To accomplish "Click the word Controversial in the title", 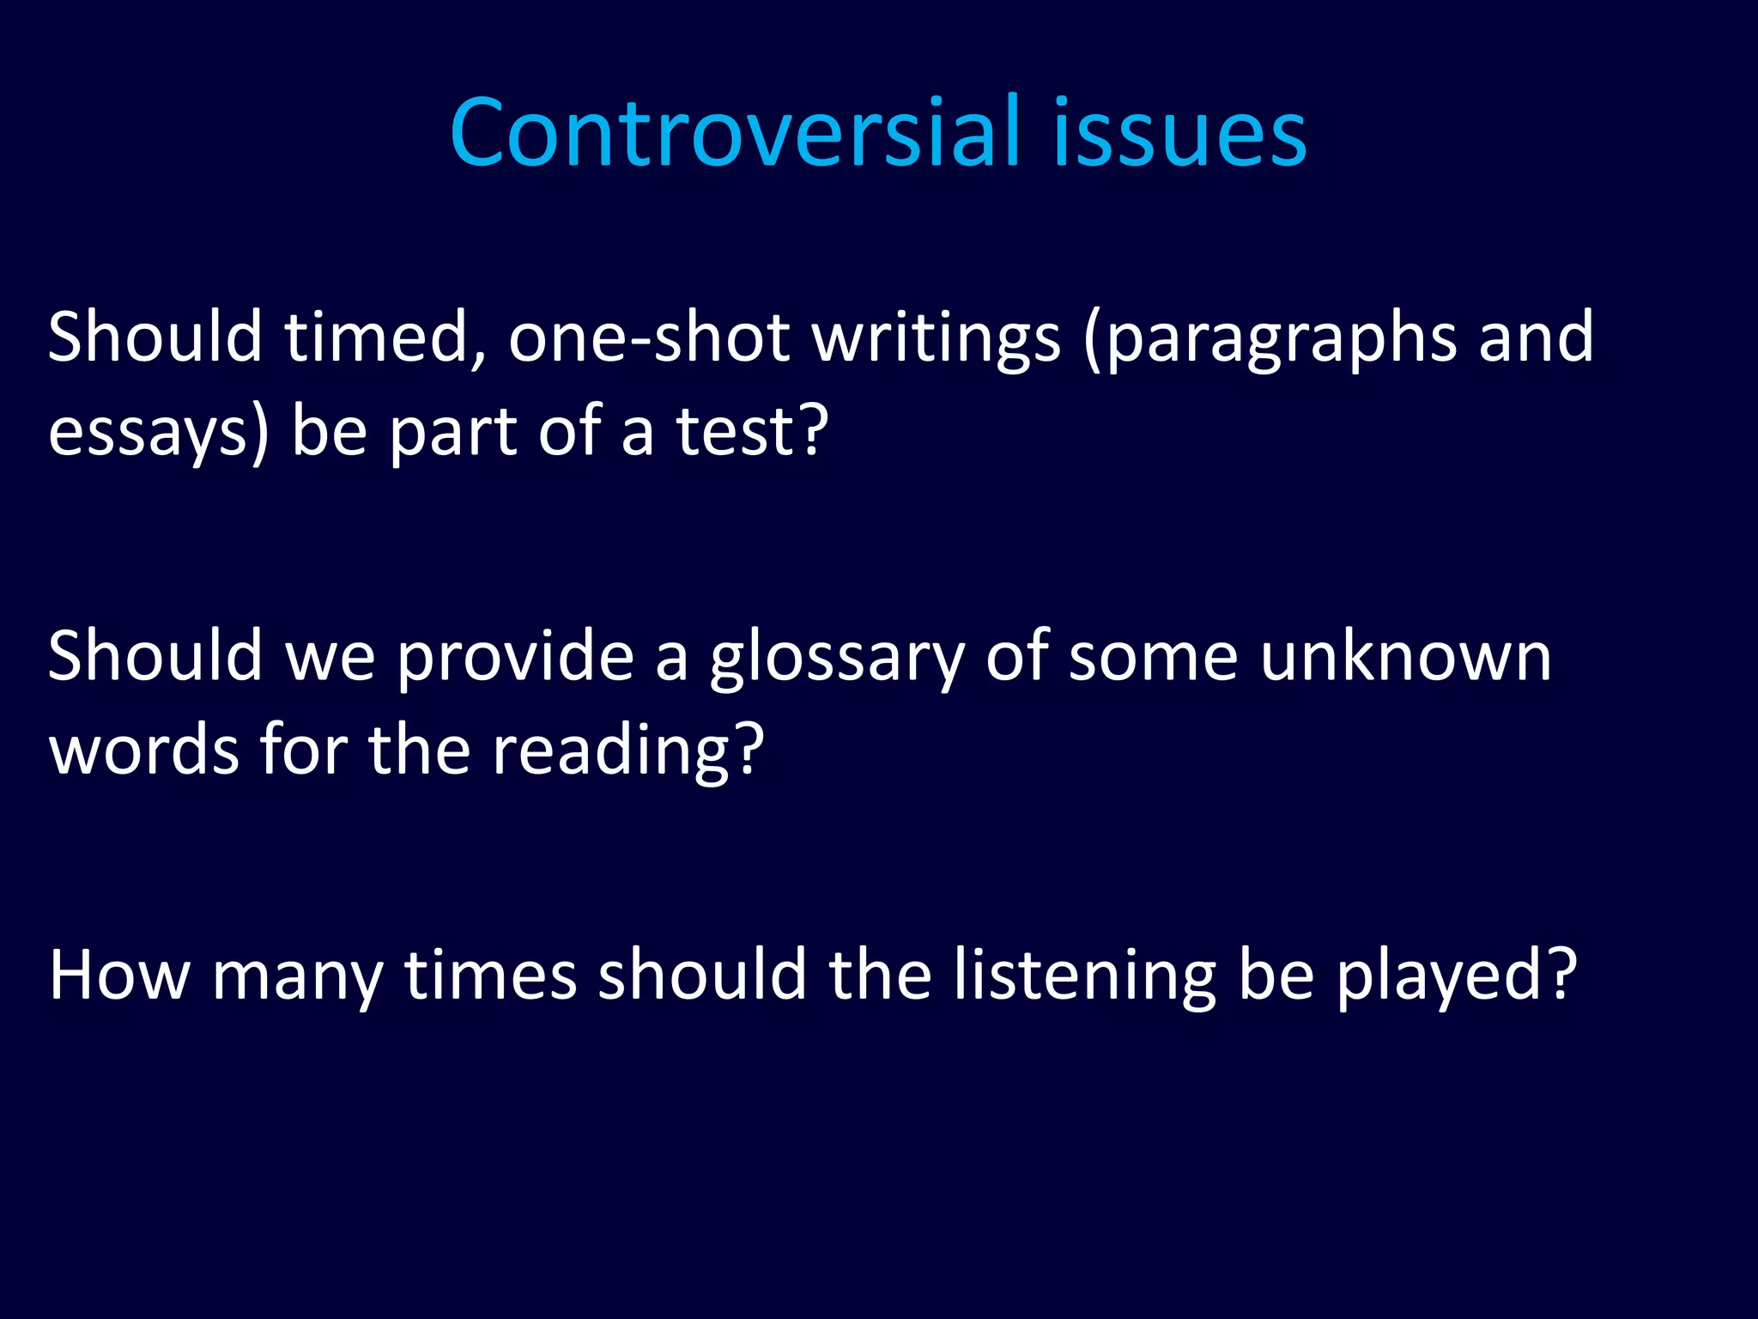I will click(735, 133).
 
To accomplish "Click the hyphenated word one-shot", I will click(649, 337).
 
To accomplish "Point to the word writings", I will click(937, 337).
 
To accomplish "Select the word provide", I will click(515, 656).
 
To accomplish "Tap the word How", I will click(119, 976).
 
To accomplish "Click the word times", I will click(490, 976).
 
